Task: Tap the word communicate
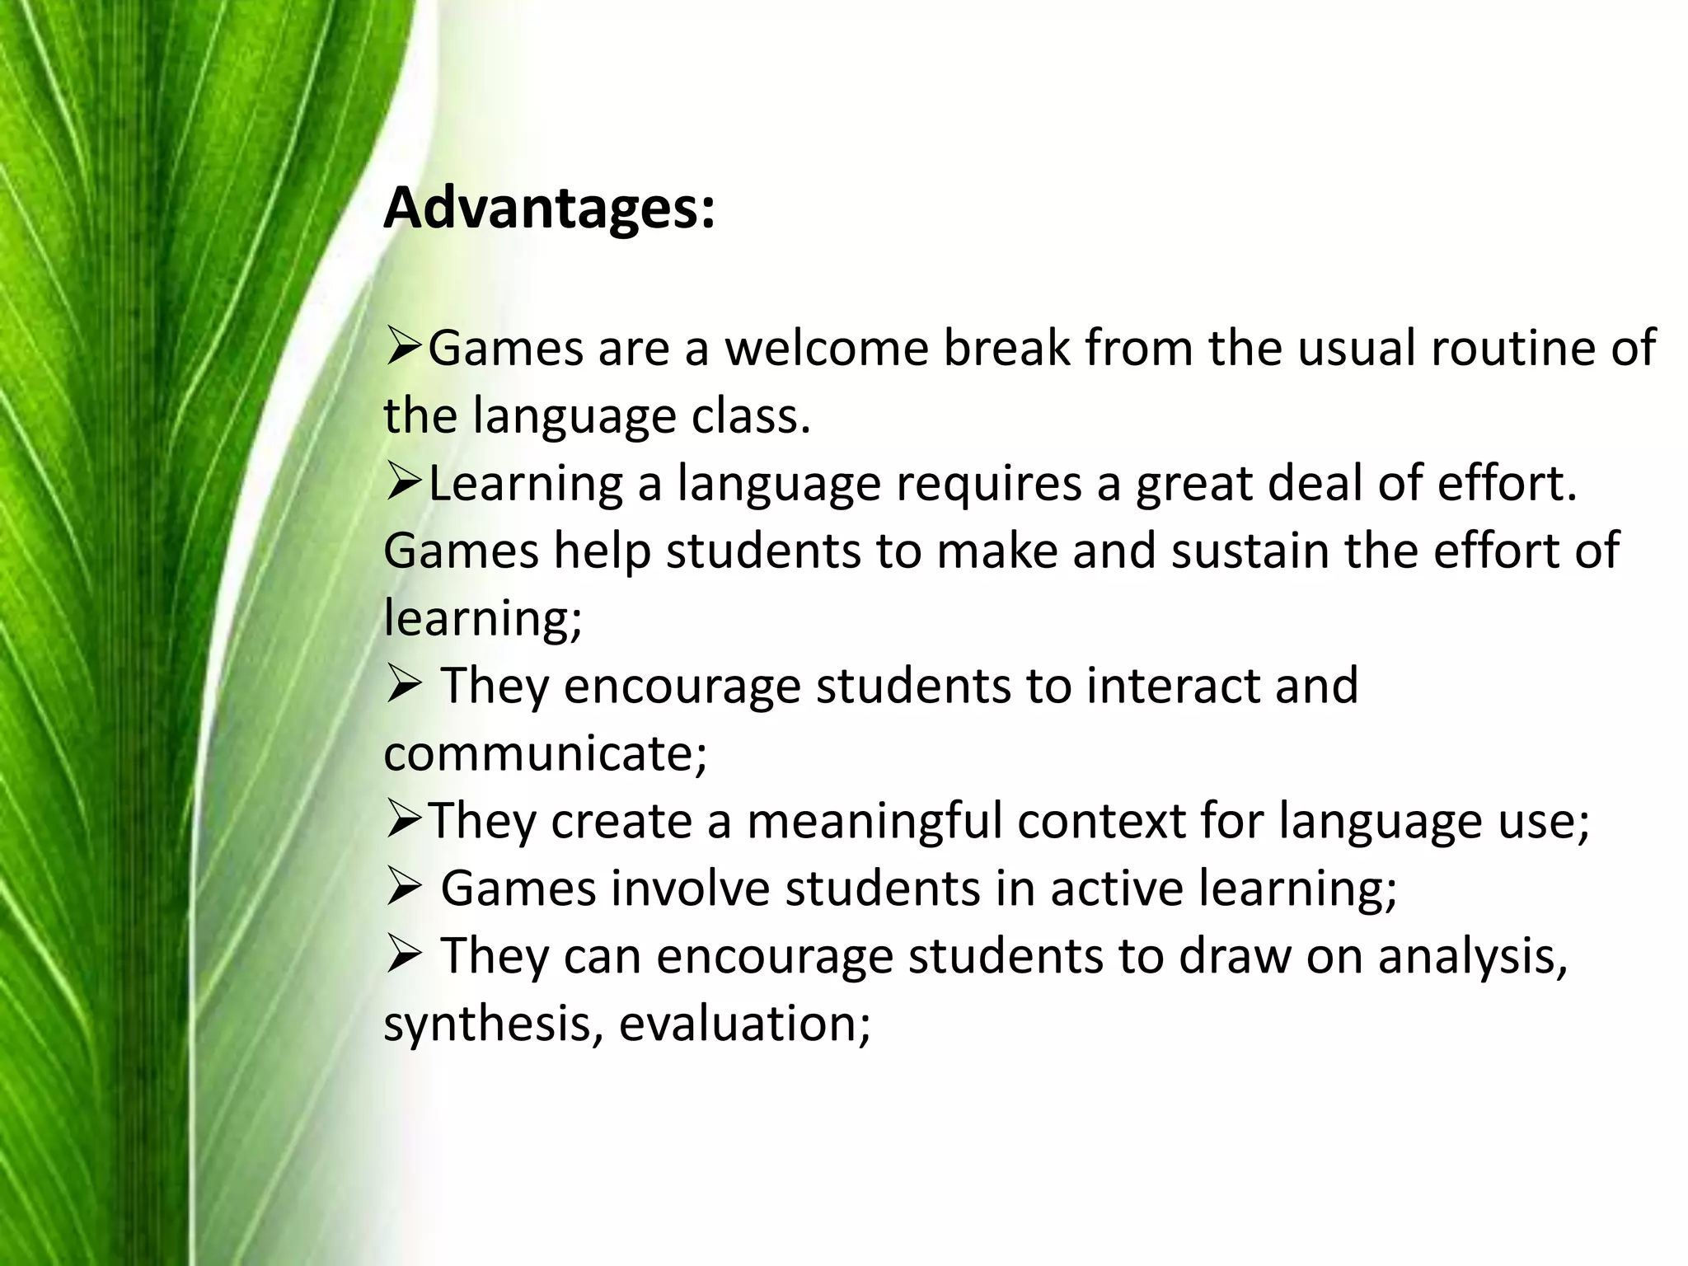(x=545, y=754)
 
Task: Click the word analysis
(x=1472, y=957)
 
